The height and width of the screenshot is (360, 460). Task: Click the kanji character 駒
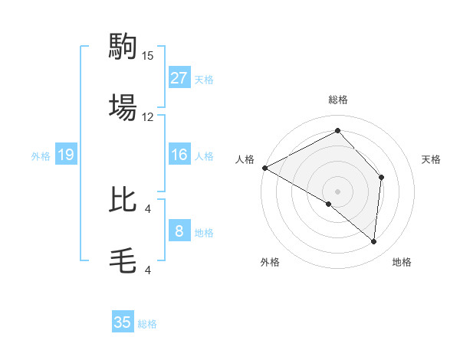123,47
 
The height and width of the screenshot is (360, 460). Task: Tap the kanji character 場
123,107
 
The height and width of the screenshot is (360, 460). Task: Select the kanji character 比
123,199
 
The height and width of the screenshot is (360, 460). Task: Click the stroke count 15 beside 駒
148,56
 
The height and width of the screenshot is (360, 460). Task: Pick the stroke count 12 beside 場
148,117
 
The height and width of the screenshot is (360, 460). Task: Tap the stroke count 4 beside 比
148,208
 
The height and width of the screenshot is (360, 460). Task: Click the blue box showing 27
179,78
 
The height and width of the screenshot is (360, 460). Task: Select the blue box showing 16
179,155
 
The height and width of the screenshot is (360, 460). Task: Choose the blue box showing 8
179,231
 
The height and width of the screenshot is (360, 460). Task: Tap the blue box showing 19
66,155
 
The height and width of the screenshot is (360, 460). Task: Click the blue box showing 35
123,322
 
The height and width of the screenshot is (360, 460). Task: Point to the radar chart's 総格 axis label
338,100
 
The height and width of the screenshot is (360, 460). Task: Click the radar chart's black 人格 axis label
245,159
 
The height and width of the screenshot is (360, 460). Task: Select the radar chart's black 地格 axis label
402,262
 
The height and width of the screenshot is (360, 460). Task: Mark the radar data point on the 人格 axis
264,168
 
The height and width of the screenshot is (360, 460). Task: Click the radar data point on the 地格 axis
374,242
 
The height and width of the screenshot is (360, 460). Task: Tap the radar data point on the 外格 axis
329,204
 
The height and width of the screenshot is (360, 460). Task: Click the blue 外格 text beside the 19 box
41,156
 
